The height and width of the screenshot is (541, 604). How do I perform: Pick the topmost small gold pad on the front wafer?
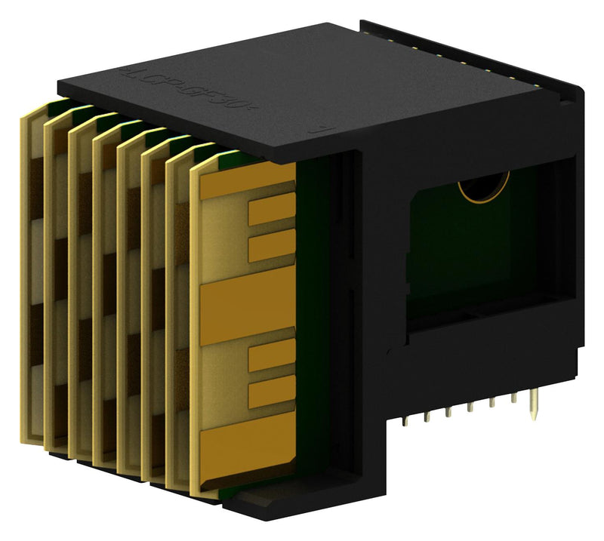[271, 208]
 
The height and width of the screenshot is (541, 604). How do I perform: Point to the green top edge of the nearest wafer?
[226, 155]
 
